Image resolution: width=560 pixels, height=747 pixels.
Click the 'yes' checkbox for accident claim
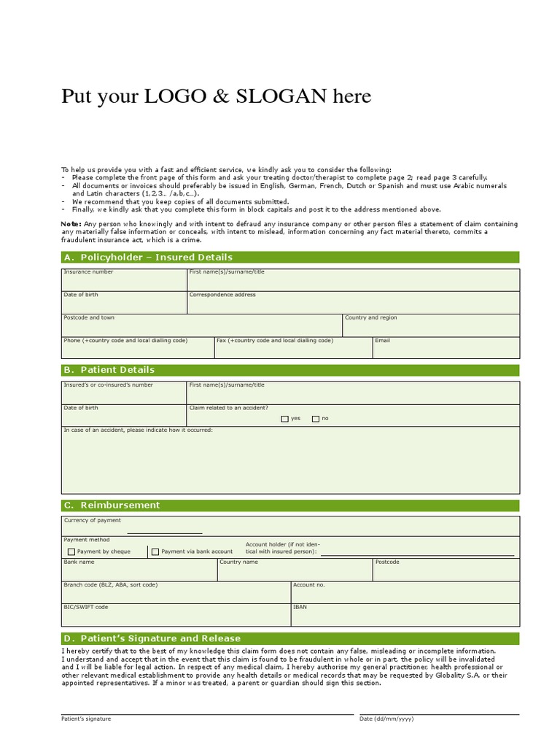pos(285,419)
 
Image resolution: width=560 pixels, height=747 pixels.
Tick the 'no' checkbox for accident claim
pos(316,419)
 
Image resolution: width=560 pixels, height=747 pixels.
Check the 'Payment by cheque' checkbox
pos(71,552)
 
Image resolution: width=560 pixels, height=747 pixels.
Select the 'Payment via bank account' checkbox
pos(155,552)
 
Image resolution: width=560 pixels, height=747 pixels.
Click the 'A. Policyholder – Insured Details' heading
pos(149,257)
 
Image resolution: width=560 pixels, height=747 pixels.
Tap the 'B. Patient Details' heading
pos(109,370)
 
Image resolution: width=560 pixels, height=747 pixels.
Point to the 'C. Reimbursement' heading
pos(112,505)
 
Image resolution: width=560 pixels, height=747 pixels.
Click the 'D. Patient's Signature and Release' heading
pos(152,638)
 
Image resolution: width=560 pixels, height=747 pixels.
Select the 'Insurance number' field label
pos(88,272)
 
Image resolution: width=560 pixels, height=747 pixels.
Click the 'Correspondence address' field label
pos(222,295)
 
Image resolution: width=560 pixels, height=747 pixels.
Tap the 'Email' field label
pos(382,341)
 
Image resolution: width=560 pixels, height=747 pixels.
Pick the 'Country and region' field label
pos(370,318)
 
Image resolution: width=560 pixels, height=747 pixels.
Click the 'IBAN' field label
pos(300,607)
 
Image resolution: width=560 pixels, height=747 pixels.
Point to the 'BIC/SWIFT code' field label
pos(86,607)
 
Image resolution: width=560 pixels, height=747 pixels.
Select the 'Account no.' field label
pos(308,585)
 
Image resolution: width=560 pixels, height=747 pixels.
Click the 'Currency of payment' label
pos(93,521)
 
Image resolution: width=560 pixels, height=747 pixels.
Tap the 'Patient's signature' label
pos(86,719)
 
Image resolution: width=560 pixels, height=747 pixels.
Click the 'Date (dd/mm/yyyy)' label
pos(386,719)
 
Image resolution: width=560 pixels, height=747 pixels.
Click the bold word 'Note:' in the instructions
pos(71,224)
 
